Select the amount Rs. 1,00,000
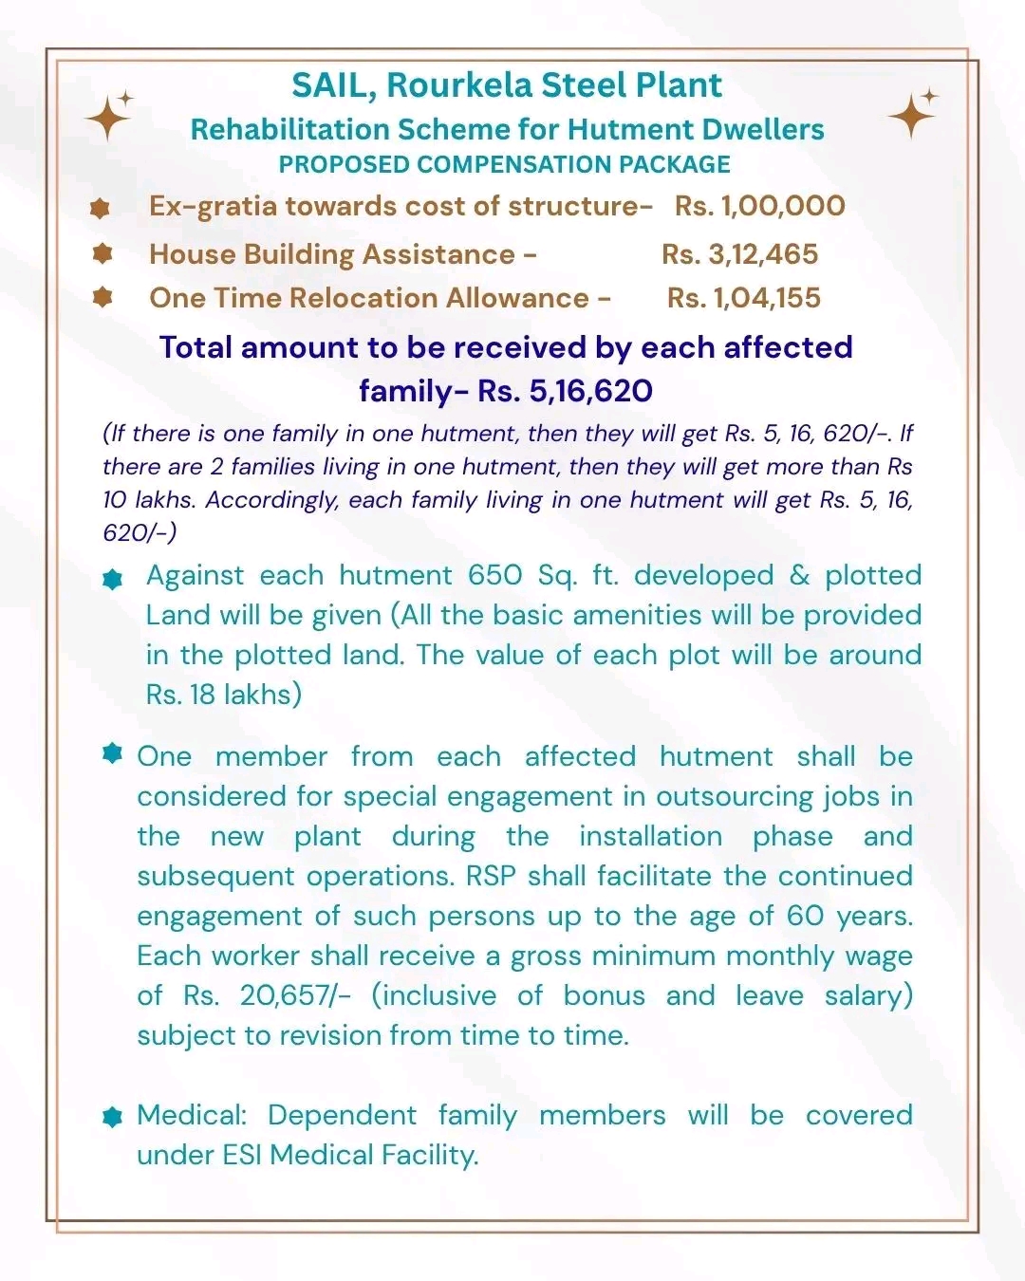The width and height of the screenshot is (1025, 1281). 759,206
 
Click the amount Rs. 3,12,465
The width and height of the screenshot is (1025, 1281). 739,254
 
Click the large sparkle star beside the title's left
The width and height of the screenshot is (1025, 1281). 107,118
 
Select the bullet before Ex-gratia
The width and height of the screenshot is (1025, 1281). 100,208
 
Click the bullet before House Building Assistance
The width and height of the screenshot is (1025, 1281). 102,253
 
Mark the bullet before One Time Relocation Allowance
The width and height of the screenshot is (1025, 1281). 102,298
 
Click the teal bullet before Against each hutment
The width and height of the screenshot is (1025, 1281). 113,579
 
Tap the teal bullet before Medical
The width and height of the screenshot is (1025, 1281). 113,1117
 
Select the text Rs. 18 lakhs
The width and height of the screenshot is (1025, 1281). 223,695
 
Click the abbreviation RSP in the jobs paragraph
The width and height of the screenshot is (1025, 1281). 490,876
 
